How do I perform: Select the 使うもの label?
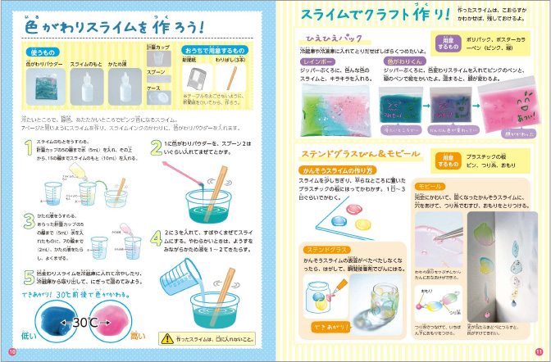pos(39,52)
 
